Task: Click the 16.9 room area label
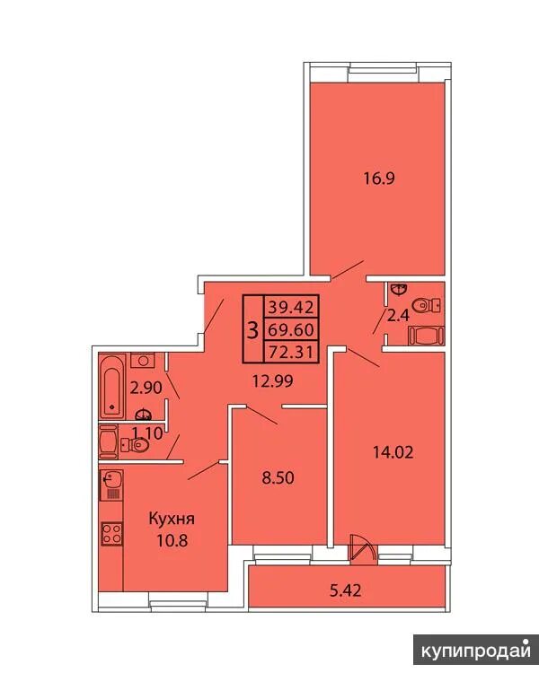pyautogui.click(x=379, y=179)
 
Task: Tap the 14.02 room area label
pyautogui.click(x=393, y=452)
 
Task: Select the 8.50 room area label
pyautogui.click(x=278, y=477)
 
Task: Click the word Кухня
pyautogui.click(x=172, y=519)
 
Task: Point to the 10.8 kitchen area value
pyautogui.click(x=172, y=540)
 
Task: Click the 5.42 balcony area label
pyautogui.click(x=345, y=590)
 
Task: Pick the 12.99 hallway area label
pyautogui.click(x=273, y=380)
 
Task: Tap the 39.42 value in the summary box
pyautogui.click(x=292, y=307)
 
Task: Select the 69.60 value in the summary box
pyautogui.click(x=292, y=330)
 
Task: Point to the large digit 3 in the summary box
pyautogui.click(x=253, y=330)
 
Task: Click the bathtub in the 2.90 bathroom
pyautogui.click(x=112, y=386)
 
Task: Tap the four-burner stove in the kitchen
pyautogui.click(x=111, y=534)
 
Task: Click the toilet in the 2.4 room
pyautogui.click(x=426, y=306)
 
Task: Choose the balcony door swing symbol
pyautogui.click(x=363, y=547)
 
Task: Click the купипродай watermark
pyautogui.click(x=476, y=652)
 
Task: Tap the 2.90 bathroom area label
pyautogui.click(x=146, y=388)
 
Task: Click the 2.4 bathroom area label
pyautogui.click(x=399, y=317)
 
